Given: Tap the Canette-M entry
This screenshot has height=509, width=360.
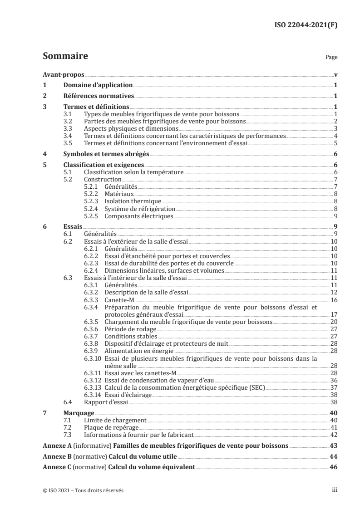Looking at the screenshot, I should [118, 300].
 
